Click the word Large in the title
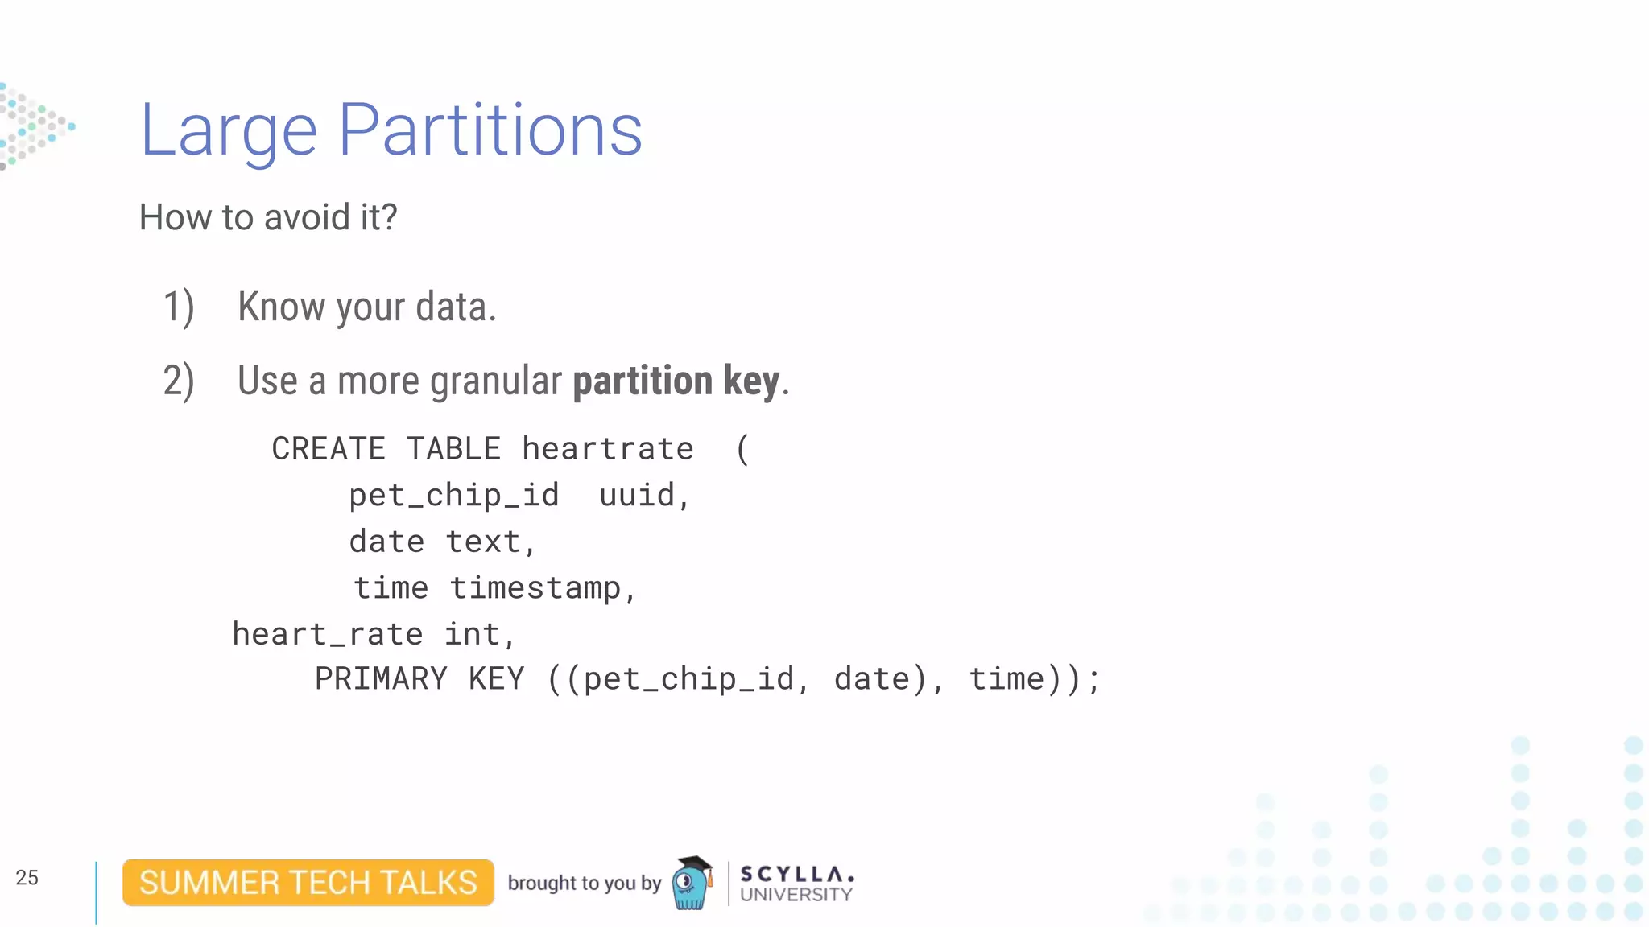(x=229, y=130)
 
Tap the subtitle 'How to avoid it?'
(x=268, y=217)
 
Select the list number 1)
(x=179, y=307)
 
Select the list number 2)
(x=179, y=381)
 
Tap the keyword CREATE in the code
(x=329, y=449)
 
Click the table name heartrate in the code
(x=608, y=449)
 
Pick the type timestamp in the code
(x=535, y=588)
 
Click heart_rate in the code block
(x=328, y=635)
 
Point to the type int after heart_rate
(x=473, y=635)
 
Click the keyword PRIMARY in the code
(x=381, y=679)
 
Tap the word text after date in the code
(x=484, y=542)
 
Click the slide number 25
(x=27, y=878)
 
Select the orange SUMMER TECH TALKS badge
(x=308, y=883)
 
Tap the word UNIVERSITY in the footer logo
(x=796, y=895)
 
